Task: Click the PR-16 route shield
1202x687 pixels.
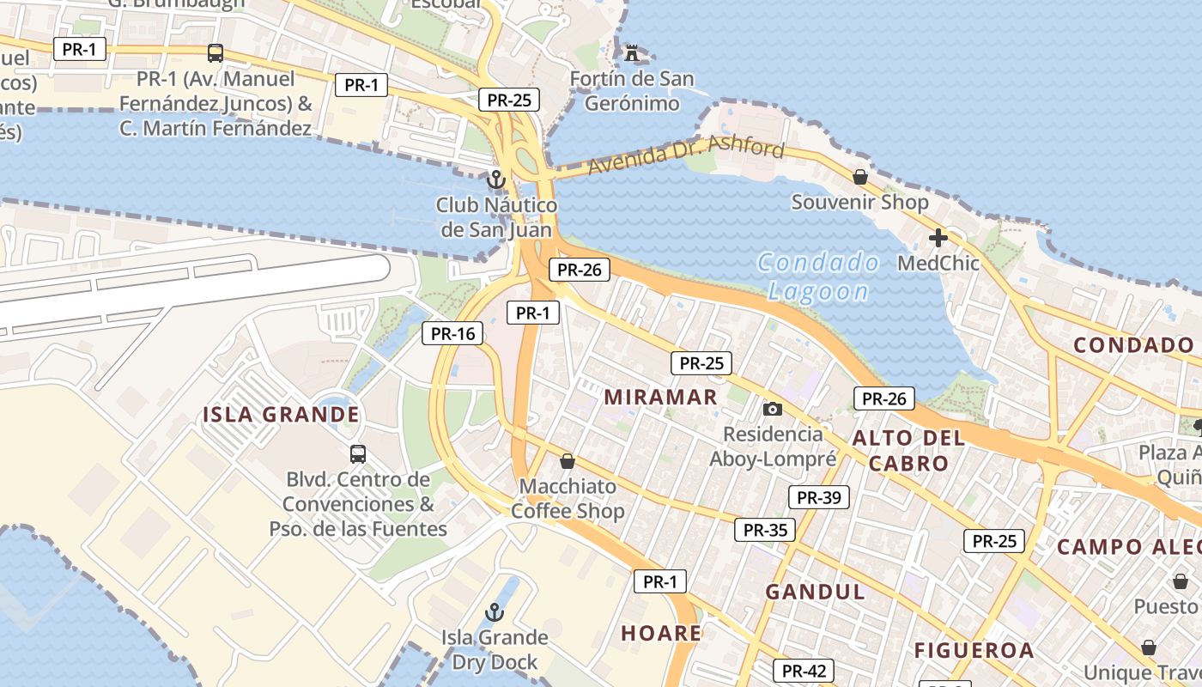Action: [x=452, y=333]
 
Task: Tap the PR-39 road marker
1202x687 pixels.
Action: [x=818, y=497]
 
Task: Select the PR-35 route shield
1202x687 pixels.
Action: [x=765, y=530]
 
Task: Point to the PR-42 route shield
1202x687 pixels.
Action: [x=804, y=671]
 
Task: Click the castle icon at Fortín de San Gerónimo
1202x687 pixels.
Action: [x=633, y=53]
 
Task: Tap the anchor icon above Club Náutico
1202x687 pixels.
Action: [x=495, y=179]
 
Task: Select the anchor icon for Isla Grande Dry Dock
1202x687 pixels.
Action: [x=494, y=612]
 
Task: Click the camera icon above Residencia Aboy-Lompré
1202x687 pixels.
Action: [x=773, y=409]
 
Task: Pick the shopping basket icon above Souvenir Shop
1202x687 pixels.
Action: [x=859, y=177]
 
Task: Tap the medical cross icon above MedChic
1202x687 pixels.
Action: [x=938, y=237]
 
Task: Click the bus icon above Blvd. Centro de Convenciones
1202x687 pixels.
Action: [x=358, y=453]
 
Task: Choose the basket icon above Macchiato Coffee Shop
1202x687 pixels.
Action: [x=567, y=461]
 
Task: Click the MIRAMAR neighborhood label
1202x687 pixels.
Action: [x=660, y=397]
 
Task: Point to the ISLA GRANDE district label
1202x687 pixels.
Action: [x=281, y=415]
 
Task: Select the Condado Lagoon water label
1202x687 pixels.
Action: [x=818, y=277]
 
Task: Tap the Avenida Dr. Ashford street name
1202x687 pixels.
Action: [x=687, y=156]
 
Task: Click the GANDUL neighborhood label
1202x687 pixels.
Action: [x=815, y=592]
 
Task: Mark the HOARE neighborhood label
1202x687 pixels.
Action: [x=661, y=634]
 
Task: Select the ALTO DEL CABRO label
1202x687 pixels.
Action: [x=908, y=451]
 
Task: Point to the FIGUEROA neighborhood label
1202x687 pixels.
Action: [x=974, y=650]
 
